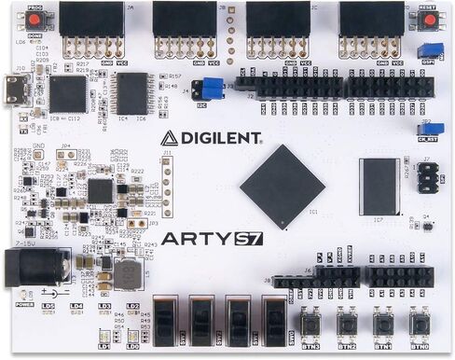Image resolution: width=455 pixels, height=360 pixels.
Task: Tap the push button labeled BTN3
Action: point(310,324)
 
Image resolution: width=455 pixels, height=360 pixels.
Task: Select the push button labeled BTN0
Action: point(419,324)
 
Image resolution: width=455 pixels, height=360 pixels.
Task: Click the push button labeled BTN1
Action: point(382,324)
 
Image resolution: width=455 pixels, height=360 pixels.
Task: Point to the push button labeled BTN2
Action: point(347,324)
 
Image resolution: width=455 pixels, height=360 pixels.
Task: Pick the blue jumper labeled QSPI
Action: point(430,49)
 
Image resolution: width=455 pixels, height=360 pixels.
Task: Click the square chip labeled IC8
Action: point(67,94)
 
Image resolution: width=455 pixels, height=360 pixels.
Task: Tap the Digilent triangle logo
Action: point(169,139)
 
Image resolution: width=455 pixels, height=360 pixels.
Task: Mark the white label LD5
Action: point(48,306)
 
